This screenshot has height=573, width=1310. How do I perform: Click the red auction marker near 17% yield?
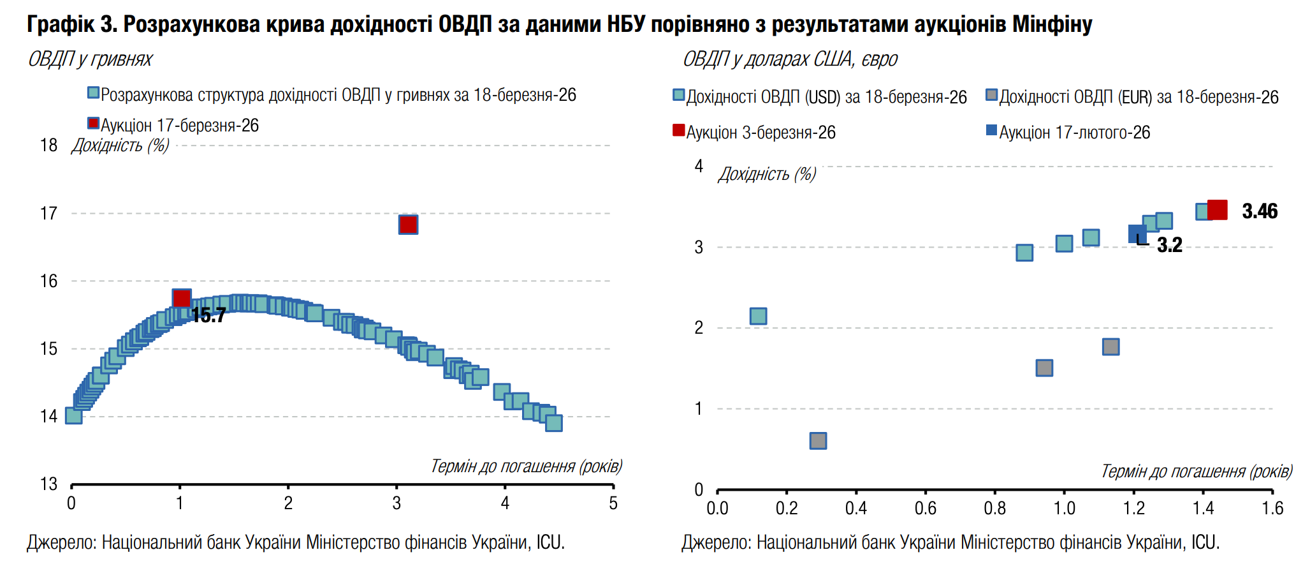click(x=408, y=225)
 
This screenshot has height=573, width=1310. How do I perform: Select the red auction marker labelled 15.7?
click(x=182, y=298)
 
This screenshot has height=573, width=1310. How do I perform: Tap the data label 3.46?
click(x=1259, y=211)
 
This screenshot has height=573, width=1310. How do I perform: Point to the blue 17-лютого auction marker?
click(x=1137, y=234)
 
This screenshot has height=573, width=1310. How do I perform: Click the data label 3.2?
click(x=1169, y=245)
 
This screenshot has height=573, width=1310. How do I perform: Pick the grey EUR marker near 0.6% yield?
click(x=818, y=441)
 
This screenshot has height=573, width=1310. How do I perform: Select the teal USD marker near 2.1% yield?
click(x=758, y=316)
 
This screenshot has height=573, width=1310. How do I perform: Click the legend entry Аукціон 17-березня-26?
click(x=179, y=125)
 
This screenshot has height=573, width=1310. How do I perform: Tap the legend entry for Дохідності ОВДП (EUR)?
click(x=1138, y=97)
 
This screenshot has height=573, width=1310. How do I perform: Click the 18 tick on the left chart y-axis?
click(x=49, y=145)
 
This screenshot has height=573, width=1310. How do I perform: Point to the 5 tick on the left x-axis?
click(x=613, y=503)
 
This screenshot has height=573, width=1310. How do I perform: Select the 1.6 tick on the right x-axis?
click(x=1272, y=508)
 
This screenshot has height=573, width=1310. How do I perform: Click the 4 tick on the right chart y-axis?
click(x=699, y=167)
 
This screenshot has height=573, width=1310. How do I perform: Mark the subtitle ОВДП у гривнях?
click(x=90, y=59)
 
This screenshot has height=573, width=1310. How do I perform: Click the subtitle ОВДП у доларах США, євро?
click(x=790, y=59)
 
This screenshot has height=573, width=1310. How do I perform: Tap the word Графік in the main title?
click(x=60, y=24)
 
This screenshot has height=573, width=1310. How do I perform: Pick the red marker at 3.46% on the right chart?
click(x=1218, y=210)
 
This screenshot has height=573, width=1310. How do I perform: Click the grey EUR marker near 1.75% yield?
click(x=1110, y=347)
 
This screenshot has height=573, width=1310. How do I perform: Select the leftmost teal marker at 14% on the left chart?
click(x=73, y=416)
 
